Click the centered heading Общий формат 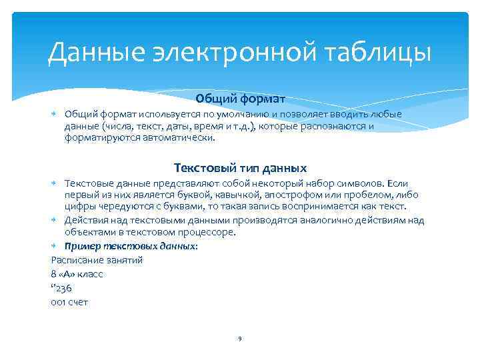[240, 99]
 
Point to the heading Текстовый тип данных [240, 167]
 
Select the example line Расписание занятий [97, 259]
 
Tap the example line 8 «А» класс [77, 274]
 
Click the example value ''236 [61, 288]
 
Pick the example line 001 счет [69, 302]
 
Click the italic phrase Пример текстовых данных [130, 245]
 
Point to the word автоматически [185, 138]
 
